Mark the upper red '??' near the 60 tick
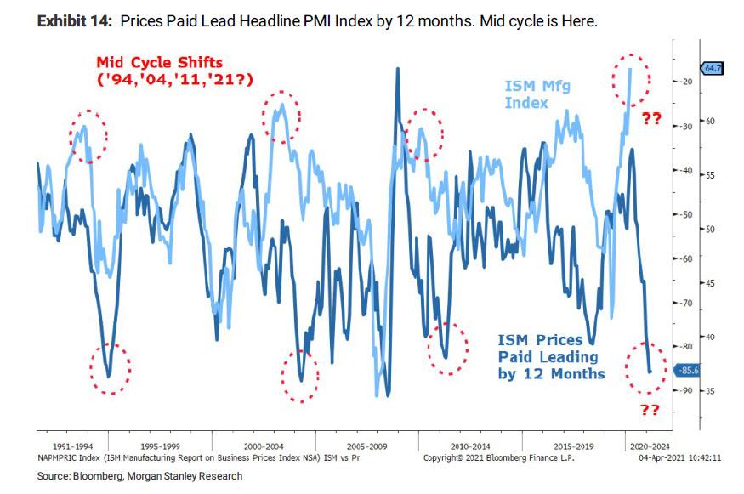click(650, 119)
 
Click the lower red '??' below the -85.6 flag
click(650, 411)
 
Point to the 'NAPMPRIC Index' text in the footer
click(70, 457)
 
